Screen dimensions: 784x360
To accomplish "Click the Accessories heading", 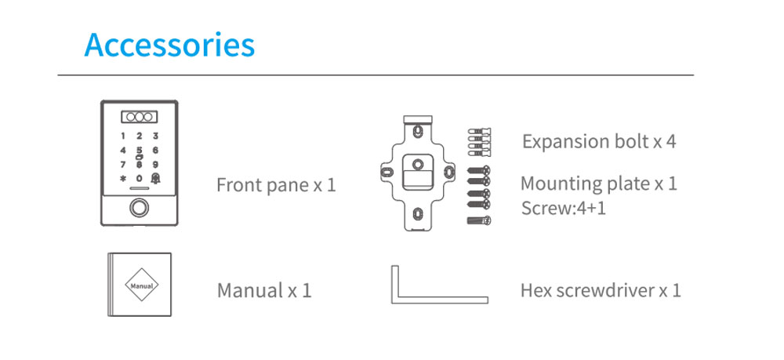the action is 169,45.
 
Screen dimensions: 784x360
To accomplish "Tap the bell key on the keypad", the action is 155,178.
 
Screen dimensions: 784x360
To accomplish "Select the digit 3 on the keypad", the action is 155,136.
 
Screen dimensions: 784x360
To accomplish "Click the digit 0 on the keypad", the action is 140,178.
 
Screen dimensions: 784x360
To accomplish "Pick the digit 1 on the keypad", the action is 123,136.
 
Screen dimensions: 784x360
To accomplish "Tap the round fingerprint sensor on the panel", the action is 140,208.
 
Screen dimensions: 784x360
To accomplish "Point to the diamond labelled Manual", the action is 141,285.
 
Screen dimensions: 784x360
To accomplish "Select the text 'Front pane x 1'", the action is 276,185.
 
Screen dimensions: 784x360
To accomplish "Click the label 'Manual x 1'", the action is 264,290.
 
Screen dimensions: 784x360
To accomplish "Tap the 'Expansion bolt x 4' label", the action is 599,141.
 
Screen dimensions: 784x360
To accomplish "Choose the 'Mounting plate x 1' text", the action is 598,184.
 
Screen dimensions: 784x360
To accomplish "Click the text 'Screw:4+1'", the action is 563,208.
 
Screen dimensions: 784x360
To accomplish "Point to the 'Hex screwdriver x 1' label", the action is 601,290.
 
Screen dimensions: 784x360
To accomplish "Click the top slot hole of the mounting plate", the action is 416,131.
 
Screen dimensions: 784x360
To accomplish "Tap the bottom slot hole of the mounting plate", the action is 416,214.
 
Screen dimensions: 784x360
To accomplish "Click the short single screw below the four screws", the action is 479,220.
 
